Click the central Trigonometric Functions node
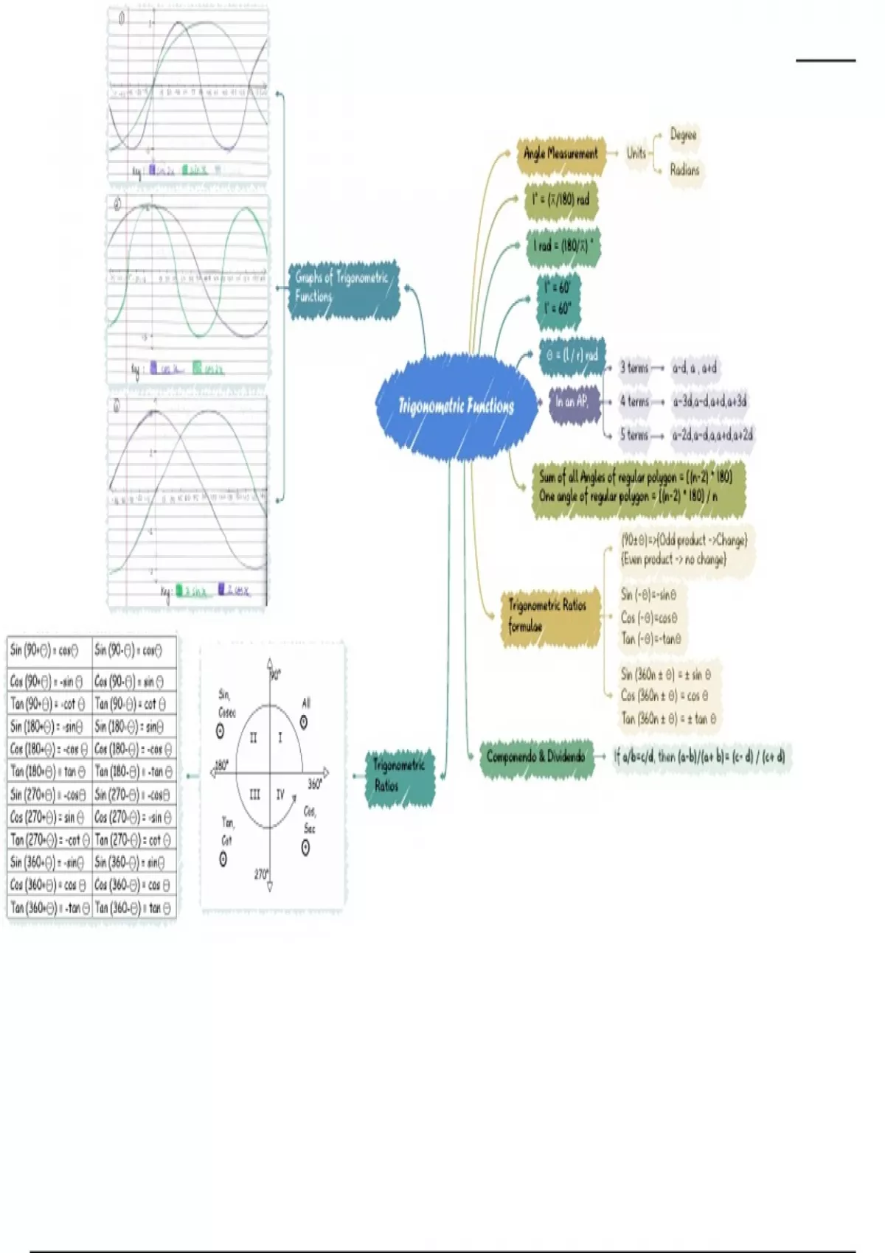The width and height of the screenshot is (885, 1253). [456, 406]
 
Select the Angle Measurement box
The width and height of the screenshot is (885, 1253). [560, 154]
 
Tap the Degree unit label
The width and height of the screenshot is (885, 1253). [683, 135]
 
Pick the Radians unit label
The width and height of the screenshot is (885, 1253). [684, 170]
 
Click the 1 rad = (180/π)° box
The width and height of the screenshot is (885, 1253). [563, 246]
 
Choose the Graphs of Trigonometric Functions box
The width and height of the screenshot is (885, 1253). [342, 288]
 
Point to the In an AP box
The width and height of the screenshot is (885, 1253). [573, 402]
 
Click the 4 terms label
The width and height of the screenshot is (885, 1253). [634, 402]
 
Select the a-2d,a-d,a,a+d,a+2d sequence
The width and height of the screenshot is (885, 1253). [712, 435]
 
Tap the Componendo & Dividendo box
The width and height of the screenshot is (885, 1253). [536, 757]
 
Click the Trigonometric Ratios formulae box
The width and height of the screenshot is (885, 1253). [548, 616]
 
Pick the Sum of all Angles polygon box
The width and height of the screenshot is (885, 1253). [636, 486]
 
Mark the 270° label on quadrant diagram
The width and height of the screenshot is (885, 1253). [261, 874]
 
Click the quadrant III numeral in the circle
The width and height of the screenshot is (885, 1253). [254, 795]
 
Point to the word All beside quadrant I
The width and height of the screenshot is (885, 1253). [305, 703]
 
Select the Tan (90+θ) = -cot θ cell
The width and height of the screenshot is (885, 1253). [49, 704]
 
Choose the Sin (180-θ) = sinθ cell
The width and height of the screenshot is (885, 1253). [133, 727]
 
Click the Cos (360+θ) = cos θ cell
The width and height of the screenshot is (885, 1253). [49, 885]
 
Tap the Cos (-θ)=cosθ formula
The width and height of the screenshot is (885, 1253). [649, 618]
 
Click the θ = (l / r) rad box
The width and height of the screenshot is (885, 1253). [572, 355]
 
